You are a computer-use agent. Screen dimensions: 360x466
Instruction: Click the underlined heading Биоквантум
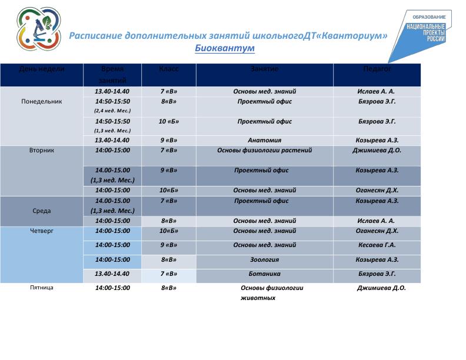(x=225, y=48)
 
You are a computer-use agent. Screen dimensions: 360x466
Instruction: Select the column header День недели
(x=42, y=69)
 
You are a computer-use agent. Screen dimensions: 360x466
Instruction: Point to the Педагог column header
(x=377, y=69)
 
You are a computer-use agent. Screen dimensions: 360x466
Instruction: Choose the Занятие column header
(x=264, y=69)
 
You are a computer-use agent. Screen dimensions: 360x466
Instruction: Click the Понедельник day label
(x=42, y=101)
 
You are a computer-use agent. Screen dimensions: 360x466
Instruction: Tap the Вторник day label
(x=42, y=150)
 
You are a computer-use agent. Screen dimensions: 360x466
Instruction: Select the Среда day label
(x=42, y=211)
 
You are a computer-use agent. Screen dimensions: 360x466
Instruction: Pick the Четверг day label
(x=42, y=231)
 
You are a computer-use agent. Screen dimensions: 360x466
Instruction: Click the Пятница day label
(x=42, y=288)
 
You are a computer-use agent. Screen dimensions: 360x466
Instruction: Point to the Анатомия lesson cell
(x=264, y=141)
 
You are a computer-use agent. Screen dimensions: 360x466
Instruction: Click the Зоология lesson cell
(x=264, y=259)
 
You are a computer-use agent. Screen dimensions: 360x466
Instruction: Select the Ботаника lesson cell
(x=264, y=274)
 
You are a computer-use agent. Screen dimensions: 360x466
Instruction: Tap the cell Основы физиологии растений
(x=264, y=150)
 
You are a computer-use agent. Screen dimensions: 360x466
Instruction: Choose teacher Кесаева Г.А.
(x=377, y=245)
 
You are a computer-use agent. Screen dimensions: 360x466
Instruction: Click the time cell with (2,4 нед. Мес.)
(x=112, y=106)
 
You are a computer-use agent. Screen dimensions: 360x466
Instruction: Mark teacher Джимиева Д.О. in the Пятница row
(x=381, y=288)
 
